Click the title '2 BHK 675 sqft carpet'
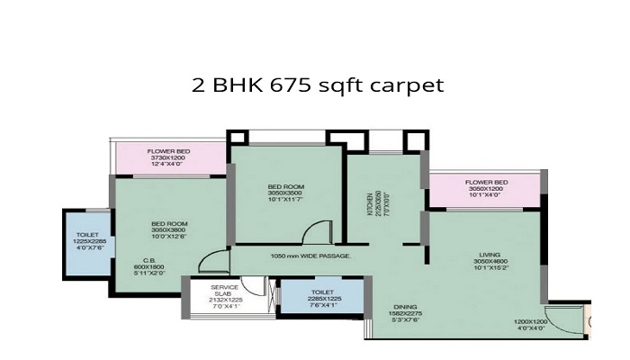tap(319, 87)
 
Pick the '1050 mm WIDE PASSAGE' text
tap(310, 256)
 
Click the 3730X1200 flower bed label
tap(168, 157)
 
